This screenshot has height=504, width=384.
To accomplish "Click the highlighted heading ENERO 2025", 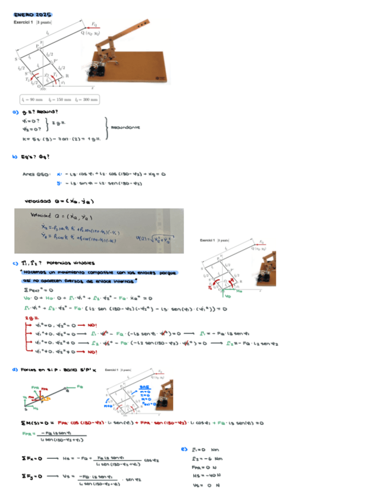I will pos(33,14).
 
